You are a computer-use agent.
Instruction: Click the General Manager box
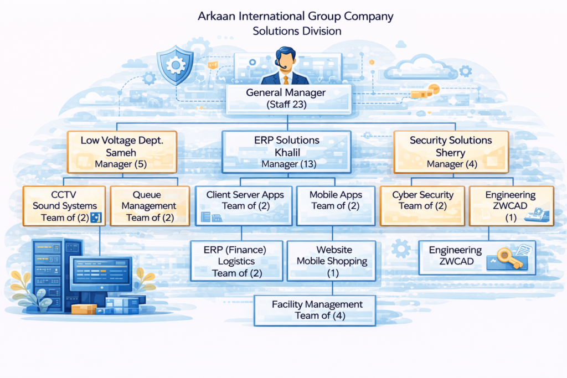click(x=286, y=98)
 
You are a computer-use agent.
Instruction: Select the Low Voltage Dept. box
click(x=121, y=152)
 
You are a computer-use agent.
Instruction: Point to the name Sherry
click(x=451, y=152)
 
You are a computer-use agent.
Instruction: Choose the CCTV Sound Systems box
click(x=65, y=206)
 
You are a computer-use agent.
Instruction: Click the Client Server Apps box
click(x=244, y=205)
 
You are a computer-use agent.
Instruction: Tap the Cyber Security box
click(x=422, y=205)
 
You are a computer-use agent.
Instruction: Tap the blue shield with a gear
click(x=175, y=65)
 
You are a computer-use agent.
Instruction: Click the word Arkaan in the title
click(x=218, y=16)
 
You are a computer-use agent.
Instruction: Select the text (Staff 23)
click(x=286, y=104)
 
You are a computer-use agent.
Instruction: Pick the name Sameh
click(x=121, y=152)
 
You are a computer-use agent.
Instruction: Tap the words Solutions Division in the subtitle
click(x=296, y=31)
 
